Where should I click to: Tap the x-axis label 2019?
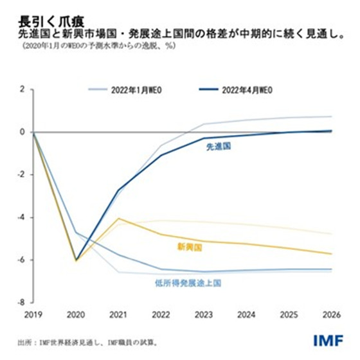(x=33, y=315)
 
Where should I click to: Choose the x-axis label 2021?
(x=118, y=315)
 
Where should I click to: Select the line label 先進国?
(x=219, y=147)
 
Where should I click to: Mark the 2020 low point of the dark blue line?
(x=76, y=260)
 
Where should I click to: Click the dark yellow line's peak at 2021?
(x=118, y=219)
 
